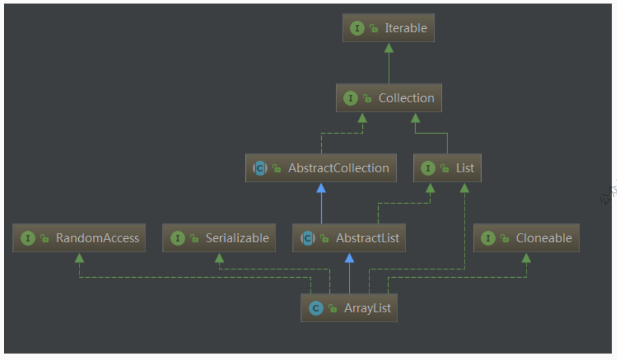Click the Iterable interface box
tap(388, 28)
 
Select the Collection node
tap(389, 98)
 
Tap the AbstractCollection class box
tap(321, 168)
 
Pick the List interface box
tap(447, 168)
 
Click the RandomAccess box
tap(79, 238)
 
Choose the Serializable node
tap(219, 238)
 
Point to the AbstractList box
tap(349, 238)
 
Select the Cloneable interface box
tap(526, 238)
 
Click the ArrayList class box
tap(349, 308)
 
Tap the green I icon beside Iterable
tap(357, 28)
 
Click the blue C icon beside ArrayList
tap(316, 308)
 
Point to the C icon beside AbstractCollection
tap(260, 168)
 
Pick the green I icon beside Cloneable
tap(488, 238)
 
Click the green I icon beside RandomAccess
tap(28, 238)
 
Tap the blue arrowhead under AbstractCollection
tap(321, 188)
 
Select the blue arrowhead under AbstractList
tap(349, 258)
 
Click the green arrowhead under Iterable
tap(388, 48)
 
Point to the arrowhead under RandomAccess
tap(79, 258)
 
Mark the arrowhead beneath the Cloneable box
tap(526, 258)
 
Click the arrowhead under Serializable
tap(219, 258)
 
